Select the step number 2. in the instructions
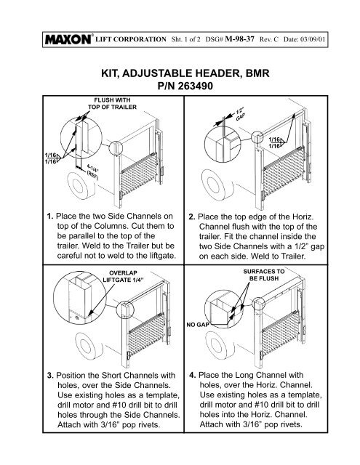click(x=191, y=216)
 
